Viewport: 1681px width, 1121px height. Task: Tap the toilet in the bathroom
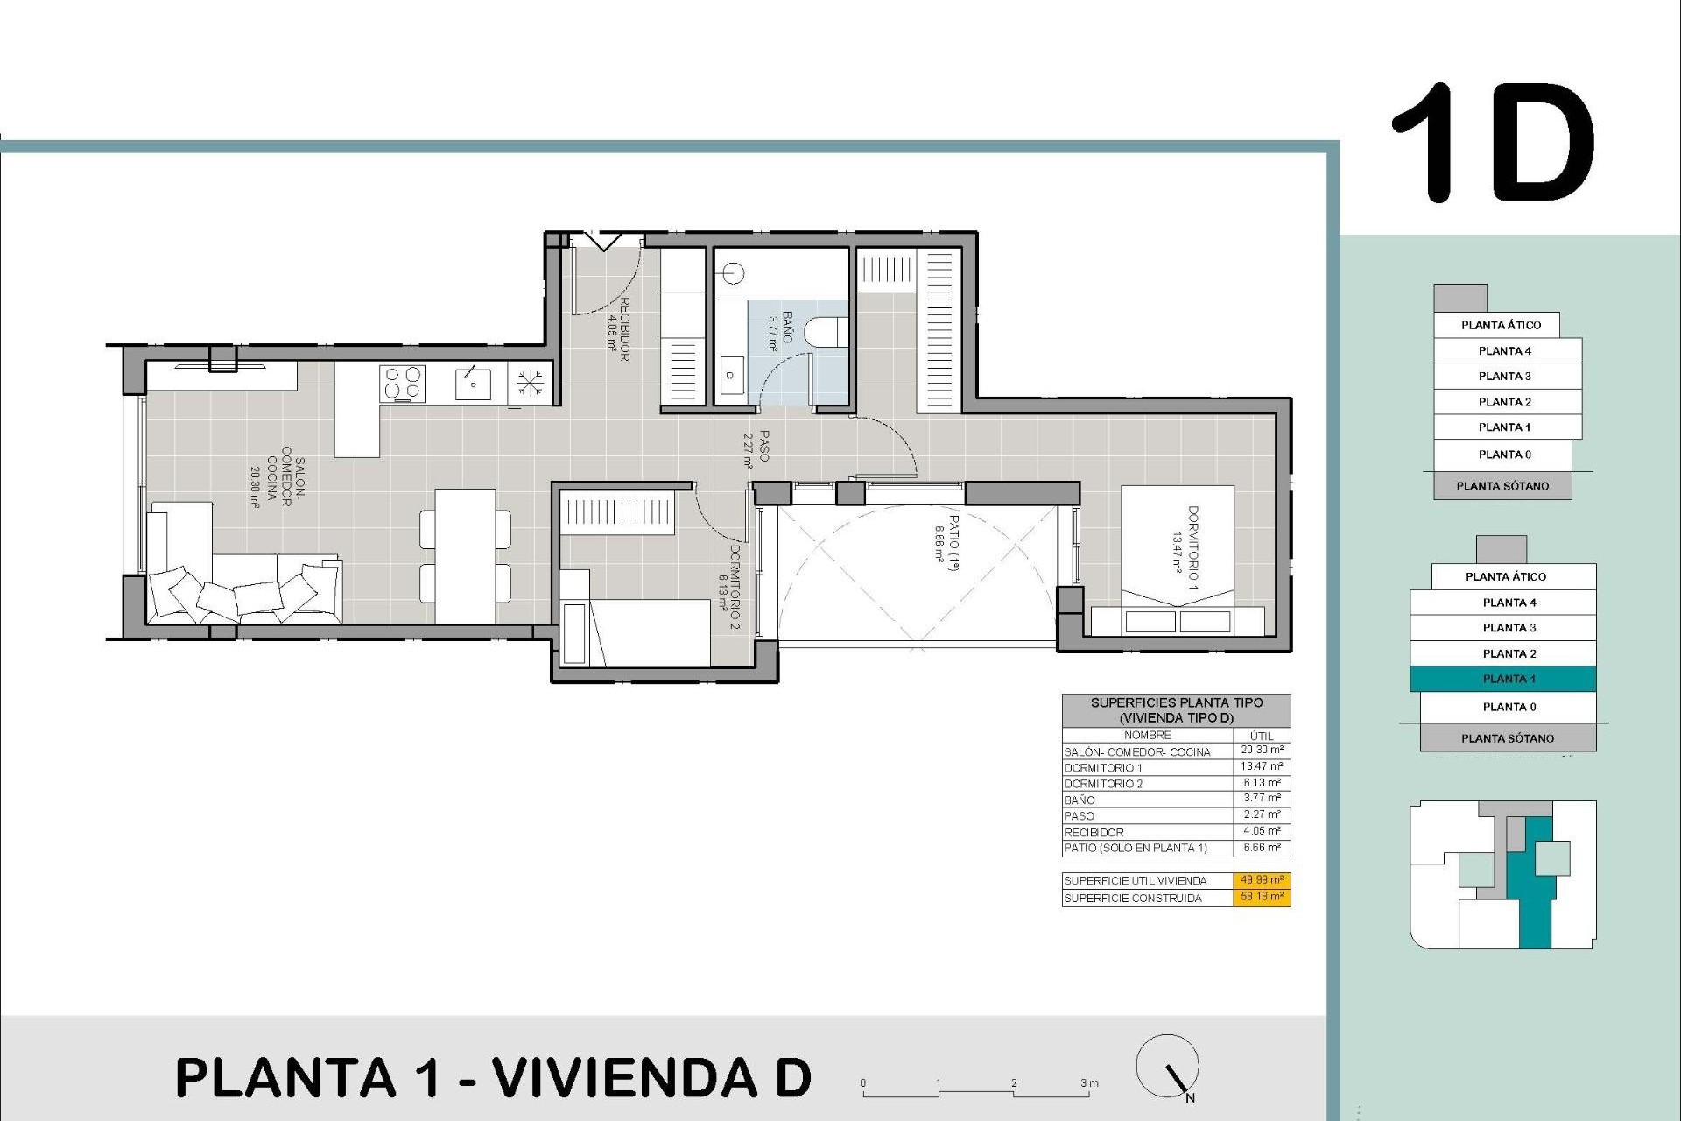pyautogui.click(x=826, y=332)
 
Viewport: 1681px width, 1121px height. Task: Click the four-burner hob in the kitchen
pyautogui.click(x=403, y=384)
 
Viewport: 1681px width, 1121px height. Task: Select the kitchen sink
pyautogui.click(x=473, y=384)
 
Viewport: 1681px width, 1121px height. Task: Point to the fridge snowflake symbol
pyautogui.click(x=530, y=384)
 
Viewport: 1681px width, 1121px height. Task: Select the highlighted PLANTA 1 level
pyautogui.click(x=1503, y=679)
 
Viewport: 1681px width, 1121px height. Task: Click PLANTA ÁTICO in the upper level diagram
pyautogui.click(x=1501, y=325)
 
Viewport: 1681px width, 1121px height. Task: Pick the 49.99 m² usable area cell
pyautogui.click(x=1262, y=880)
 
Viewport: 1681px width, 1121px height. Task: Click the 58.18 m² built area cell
pyautogui.click(x=1262, y=897)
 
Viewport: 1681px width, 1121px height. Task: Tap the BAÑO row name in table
pyautogui.click(x=1080, y=800)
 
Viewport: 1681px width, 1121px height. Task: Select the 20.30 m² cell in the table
pyautogui.click(x=1262, y=751)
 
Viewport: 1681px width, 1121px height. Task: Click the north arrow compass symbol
pyautogui.click(x=1168, y=1067)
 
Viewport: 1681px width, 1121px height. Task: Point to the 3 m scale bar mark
pyautogui.click(x=1088, y=1084)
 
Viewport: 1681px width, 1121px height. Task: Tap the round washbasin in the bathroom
pyautogui.click(x=734, y=273)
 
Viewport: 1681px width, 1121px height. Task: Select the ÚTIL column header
pyautogui.click(x=1262, y=736)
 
